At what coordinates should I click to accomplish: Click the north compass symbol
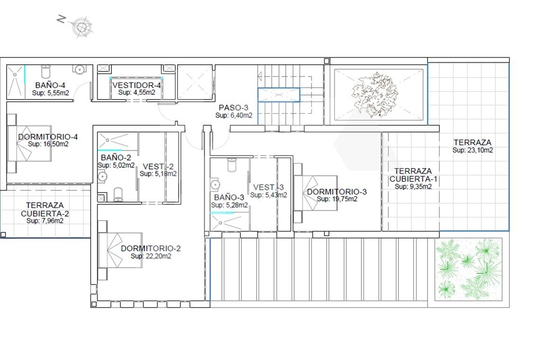(82, 27)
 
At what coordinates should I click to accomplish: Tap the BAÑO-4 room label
(50, 85)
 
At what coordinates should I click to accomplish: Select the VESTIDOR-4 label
(137, 85)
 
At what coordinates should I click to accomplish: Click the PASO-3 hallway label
(233, 108)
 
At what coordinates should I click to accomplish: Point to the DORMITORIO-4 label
(48, 137)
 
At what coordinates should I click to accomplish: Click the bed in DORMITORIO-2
(120, 250)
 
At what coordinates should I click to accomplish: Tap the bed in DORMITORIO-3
(316, 193)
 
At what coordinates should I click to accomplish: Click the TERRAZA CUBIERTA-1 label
(413, 175)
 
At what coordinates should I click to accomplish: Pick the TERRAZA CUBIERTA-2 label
(45, 210)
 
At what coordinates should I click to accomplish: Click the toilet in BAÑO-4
(46, 71)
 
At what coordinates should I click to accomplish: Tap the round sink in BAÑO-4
(79, 70)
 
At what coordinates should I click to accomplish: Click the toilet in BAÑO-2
(118, 194)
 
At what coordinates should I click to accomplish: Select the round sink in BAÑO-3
(215, 185)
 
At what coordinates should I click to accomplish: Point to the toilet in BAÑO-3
(232, 165)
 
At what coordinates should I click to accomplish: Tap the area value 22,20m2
(159, 256)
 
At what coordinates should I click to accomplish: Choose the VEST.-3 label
(269, 187)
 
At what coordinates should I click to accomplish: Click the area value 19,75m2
(345, 199)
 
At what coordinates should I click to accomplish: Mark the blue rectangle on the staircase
(279, 95)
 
